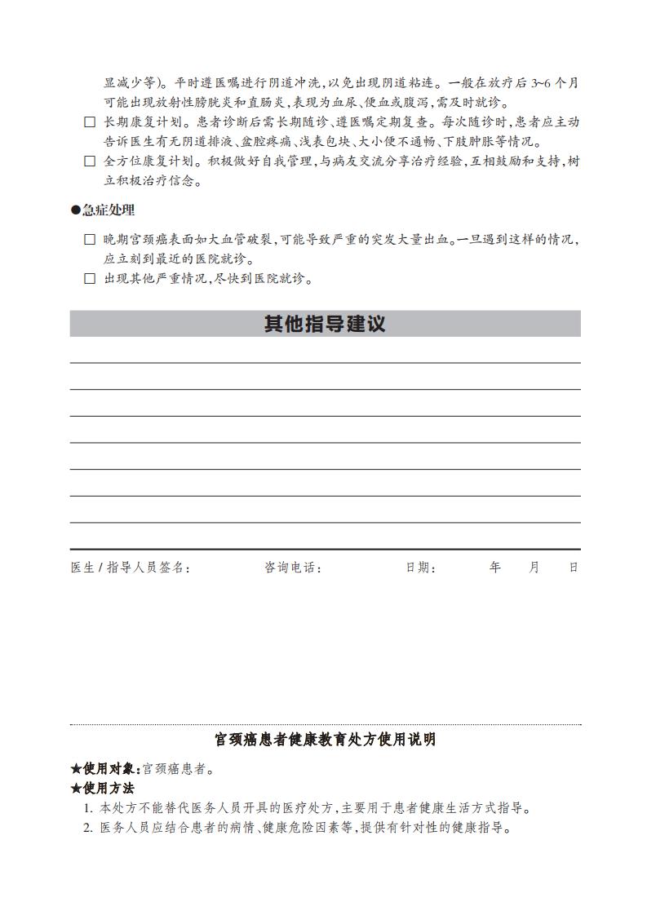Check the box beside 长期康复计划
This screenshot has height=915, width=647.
(x=90, y=122)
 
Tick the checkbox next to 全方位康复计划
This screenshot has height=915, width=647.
(x=90, y=161)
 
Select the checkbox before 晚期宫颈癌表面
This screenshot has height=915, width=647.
(x=90, y=240)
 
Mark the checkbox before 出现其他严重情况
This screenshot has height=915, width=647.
(x=90, y=279)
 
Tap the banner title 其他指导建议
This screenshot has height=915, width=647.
(x=325, y=324)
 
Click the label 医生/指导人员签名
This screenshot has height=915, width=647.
(x=131, y=568)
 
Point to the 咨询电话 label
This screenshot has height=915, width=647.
(x=293, y=568)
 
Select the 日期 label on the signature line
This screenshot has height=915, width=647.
(x=420, y=568)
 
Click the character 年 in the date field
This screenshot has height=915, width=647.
(x=494, y=568)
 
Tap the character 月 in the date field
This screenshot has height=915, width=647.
(x=534, y=568)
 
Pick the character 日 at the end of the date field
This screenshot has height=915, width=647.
(x=574, y=568)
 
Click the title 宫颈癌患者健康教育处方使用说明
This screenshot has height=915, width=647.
(x=325, y=740)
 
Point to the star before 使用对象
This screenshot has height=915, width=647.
(x=76, y=769)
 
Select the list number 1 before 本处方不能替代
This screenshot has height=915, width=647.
(x=88, y=809)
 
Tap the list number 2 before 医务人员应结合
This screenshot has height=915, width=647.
(x=88, y=829)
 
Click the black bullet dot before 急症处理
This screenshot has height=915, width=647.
(x=76, y=210)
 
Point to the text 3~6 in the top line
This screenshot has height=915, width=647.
(x=542, y=83)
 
